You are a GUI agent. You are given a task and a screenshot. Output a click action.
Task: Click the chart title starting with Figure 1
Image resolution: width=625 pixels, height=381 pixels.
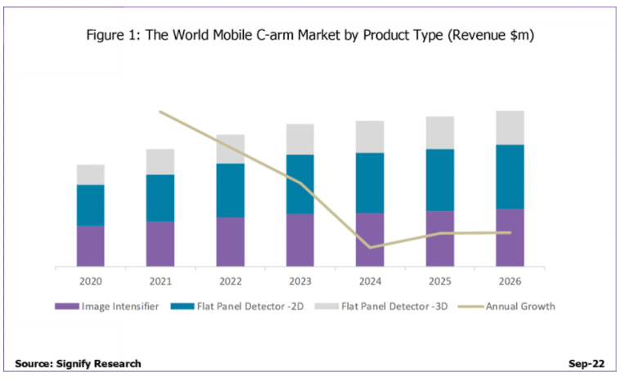pyautogui.click(x=312, y=35)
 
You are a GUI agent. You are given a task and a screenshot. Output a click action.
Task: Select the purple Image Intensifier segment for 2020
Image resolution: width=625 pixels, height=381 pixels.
pyautogui.click(x=91, y=246)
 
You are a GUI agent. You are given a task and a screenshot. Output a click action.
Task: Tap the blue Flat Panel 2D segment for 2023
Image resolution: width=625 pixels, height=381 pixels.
pyautogui.click(x=300, y=184)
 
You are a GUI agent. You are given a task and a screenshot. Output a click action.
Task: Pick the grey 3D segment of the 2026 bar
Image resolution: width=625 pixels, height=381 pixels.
pyautogui.click(x=510, y=128)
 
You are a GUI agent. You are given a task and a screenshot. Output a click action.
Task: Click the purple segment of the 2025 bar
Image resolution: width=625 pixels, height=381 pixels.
pyautogui.click(x=440, y=239)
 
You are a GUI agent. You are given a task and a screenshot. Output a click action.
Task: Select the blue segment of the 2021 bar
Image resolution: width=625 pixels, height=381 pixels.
pyautogui.click(x=160, y=198)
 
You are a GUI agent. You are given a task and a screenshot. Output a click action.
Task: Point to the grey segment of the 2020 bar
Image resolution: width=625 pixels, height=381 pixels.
pyautogui.click(x=91, y=174)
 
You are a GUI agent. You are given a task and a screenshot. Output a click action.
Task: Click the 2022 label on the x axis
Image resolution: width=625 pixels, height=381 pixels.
pyautogui.click(x=230, y=280)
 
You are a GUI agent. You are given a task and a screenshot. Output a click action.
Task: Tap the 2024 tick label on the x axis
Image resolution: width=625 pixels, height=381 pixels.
pyautogui.click(x=370, y=280)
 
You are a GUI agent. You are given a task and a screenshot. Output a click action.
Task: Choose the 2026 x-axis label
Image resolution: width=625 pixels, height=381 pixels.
pyautogui.click(x=510, y=280)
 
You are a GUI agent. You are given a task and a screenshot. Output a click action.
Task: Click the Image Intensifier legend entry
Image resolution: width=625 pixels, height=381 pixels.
pyautogui.click(x=113, y=307)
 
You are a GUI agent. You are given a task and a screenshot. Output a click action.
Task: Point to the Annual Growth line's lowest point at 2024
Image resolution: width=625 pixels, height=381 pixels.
pyautogui.click(x=370, y=247)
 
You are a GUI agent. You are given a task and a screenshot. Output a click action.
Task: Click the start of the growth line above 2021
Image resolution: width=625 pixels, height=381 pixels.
pyautogui.click(x=160, y=111)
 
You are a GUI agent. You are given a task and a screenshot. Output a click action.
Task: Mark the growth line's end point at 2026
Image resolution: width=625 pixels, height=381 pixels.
pyautogui.click(x=510, y=232)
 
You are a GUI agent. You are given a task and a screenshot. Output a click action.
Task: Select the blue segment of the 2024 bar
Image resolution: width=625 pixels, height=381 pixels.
pyautogui.click(x=370, y=183)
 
